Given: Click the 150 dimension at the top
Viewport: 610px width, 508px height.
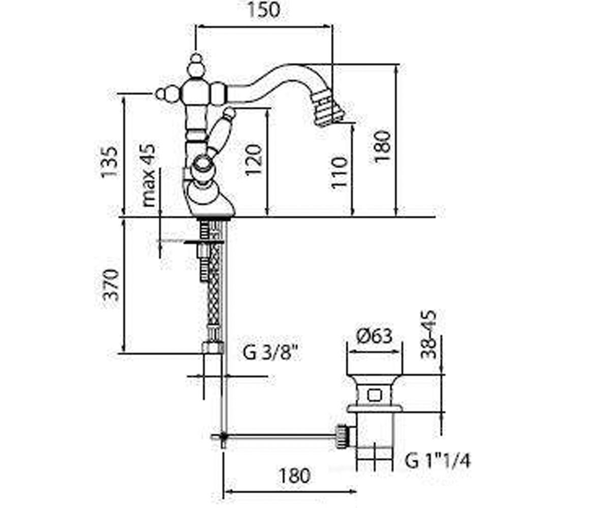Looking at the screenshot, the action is pos(264,10).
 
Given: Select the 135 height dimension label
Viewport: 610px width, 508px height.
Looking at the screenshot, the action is pos(109,162).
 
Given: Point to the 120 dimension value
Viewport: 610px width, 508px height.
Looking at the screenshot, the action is pos(253,160).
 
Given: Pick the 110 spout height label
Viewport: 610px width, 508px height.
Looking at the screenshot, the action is pos(340,172).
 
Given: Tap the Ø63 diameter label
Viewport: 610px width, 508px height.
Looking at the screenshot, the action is pos(374,336).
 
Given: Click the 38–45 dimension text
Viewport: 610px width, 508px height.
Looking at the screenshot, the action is pos(429,335).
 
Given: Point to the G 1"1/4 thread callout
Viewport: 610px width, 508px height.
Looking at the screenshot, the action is pos(437,461).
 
